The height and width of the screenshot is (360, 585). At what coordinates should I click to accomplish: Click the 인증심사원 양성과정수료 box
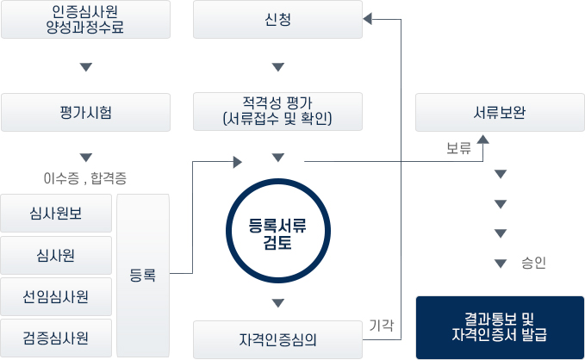click(x=85, y=19)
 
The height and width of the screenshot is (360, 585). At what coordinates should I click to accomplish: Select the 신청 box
click(x=277, y=19)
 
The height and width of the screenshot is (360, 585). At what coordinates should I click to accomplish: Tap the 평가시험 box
click(x=85, y=112)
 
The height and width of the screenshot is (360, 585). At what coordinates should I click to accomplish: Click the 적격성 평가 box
click(x=277, y=112)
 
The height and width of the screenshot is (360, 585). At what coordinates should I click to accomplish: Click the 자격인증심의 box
click(x=277, y=338)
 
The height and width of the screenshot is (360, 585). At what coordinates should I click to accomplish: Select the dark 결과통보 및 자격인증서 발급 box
click(x=500, y=327)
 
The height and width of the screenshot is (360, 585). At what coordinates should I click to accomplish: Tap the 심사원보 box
click(x=56, y=213)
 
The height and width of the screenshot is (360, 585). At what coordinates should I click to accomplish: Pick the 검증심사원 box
click(x=56, y=338)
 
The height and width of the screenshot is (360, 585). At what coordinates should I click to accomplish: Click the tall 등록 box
click(x=143, y=276)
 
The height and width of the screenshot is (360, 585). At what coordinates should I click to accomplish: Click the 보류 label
click(x=458, y=149)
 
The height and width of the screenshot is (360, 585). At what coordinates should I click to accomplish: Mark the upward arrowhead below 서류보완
click(x=482, y=140)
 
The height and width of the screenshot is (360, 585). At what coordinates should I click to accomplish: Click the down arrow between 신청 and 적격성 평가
click(x=277, y=66)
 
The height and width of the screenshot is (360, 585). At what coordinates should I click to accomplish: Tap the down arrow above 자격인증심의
click(x=277, y=302)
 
